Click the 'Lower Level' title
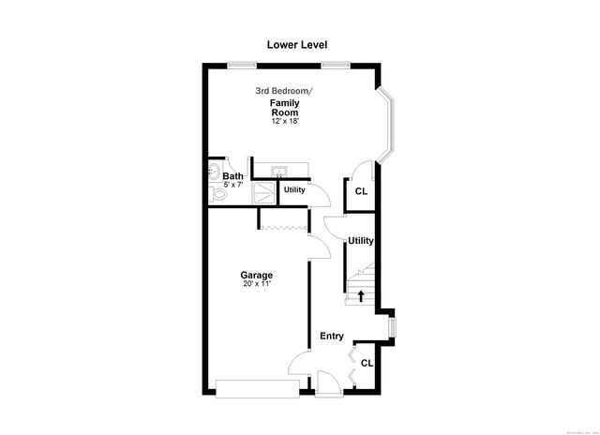[296, 44]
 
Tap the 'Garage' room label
[256, 275]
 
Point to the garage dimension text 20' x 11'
[256, 284]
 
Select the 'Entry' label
[332, 337]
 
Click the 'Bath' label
[232, 175]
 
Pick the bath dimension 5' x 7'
[234, 185]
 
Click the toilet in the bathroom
[217, 194]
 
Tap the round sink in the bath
[213, 172]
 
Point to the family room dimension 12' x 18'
[284, 122]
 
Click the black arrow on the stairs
[361, 295]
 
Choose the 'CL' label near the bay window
[361, 191]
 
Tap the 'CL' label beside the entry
[367, 363]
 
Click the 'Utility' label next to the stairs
[361, 241]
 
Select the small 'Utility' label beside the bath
[294, 190]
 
